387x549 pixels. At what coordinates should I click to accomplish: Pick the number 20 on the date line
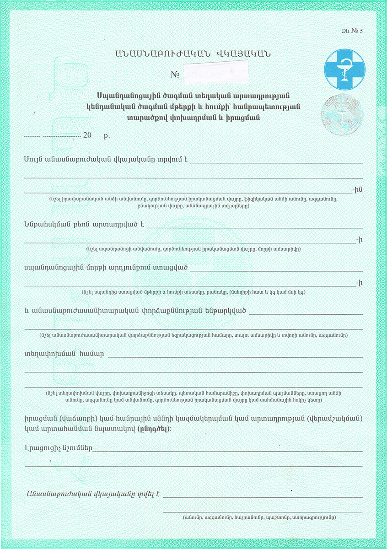88,136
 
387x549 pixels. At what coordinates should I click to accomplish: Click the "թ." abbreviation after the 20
107,136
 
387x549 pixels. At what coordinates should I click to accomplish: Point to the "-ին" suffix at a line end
357,189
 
